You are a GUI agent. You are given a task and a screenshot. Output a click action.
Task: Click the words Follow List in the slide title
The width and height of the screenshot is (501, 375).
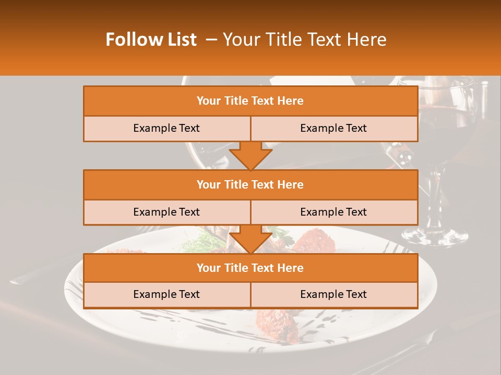tap(151, 40)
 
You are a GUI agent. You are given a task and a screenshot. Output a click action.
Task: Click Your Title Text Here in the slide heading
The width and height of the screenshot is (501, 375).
tap(304, 40)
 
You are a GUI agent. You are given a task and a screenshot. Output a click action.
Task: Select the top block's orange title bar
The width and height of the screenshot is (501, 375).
tap(250, 101)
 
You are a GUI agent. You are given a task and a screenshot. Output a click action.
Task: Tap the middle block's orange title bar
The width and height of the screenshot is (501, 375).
tap(250, 184)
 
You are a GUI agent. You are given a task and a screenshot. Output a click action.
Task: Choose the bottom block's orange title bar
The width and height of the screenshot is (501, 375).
tap(250, 268)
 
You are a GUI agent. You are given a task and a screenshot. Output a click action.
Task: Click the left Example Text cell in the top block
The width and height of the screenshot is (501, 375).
tap(166, 129)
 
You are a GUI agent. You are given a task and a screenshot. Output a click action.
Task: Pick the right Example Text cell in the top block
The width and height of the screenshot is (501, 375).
tap(334, 129)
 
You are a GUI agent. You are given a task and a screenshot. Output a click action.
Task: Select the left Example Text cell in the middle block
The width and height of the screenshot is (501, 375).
tap(166, 212)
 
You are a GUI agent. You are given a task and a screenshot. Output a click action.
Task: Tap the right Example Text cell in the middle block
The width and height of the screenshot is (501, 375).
tap(334, 212)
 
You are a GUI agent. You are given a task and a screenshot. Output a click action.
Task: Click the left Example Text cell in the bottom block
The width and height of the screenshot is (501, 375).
tap(166, 294)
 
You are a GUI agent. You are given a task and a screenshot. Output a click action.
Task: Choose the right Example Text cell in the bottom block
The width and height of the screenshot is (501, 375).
tap(334, 294)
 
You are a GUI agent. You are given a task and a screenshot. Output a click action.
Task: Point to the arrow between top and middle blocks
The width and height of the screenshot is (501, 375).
tap(250, 155)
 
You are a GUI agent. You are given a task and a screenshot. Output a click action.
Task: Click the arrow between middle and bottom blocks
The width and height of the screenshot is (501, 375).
tap(250, 239)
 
